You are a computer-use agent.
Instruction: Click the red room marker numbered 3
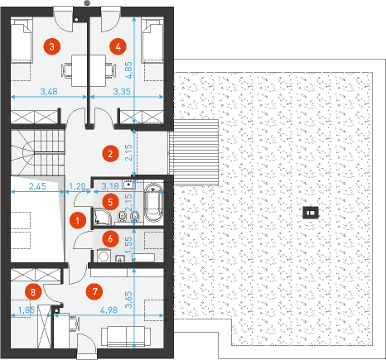51,46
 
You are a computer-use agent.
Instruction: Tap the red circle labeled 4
118,46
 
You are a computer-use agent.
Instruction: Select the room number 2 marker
110,153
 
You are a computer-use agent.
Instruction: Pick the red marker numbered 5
110,202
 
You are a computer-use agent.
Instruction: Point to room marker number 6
110,238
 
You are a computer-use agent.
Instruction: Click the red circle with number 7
95,291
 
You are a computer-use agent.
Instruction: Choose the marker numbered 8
33,292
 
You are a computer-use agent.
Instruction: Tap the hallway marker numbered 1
78,221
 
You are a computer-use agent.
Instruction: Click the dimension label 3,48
49,91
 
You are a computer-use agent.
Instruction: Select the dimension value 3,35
122,91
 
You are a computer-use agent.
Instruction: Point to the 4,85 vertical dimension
128,70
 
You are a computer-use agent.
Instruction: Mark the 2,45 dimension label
37,186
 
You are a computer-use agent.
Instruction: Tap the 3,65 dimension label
128,300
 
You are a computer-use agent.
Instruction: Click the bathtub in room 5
154,204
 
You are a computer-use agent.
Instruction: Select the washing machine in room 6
104,255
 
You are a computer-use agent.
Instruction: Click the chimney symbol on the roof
311,213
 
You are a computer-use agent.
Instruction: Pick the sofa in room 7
126,336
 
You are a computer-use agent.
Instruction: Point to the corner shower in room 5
103,216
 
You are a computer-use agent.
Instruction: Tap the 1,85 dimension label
27,310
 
